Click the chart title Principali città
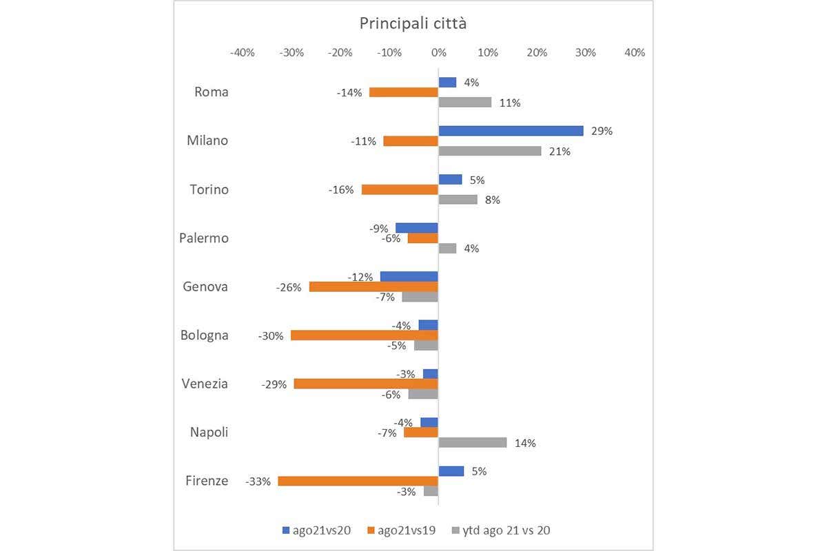click(x=413, y=23)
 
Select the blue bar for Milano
click(x=511, y=131)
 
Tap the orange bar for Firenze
click(x=358, y=481)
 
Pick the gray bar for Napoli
click(x=473, y=442)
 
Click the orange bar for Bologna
click(x=364, y=335)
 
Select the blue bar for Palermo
click(x=416, y=228)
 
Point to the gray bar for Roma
click(x=465, y=102)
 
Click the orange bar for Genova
click(x=374, y=287)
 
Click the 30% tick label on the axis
click(x=586, y=53)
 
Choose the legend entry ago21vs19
click(x=405, y=530)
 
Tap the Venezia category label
click(x=205, y=384)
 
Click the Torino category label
click(x=209, y=189)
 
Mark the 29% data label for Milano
click(x=602, y=131)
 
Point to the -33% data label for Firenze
click(x=257, y=481)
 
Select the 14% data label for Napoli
click(x=525, y=443)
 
